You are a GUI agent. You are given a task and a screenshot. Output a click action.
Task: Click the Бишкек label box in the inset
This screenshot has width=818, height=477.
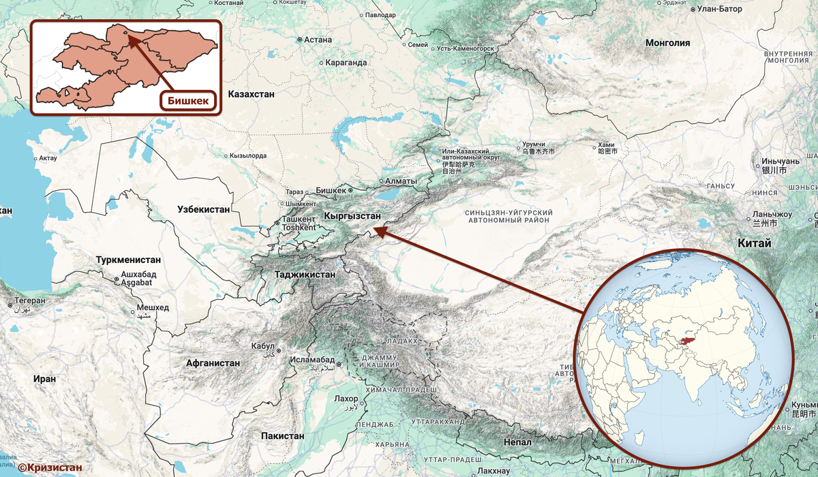(x=189, y=101)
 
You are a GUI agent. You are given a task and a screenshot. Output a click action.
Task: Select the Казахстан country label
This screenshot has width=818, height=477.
(x=252, y=94)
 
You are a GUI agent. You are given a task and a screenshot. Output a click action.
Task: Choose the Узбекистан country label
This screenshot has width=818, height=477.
(x=203, y=209)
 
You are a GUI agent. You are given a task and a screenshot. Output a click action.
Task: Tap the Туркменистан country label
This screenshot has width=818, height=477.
(x=128, y=260)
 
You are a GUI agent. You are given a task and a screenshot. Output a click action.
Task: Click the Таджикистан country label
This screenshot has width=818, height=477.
(x=305, y=275)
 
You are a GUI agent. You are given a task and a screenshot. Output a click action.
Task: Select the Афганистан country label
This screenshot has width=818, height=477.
(x=213, y=363)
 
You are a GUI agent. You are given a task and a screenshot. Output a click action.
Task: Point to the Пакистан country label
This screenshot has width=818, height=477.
(x=282, y=435)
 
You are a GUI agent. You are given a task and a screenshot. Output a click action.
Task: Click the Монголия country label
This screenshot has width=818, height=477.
(x=668, y=43)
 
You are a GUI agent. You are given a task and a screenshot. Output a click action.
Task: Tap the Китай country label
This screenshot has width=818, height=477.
(x=754, y=243)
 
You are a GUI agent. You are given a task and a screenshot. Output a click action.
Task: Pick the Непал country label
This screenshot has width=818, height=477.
(x=517, y=442)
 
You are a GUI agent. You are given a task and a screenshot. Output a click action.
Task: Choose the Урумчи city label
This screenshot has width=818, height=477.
(x=533, y=144)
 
